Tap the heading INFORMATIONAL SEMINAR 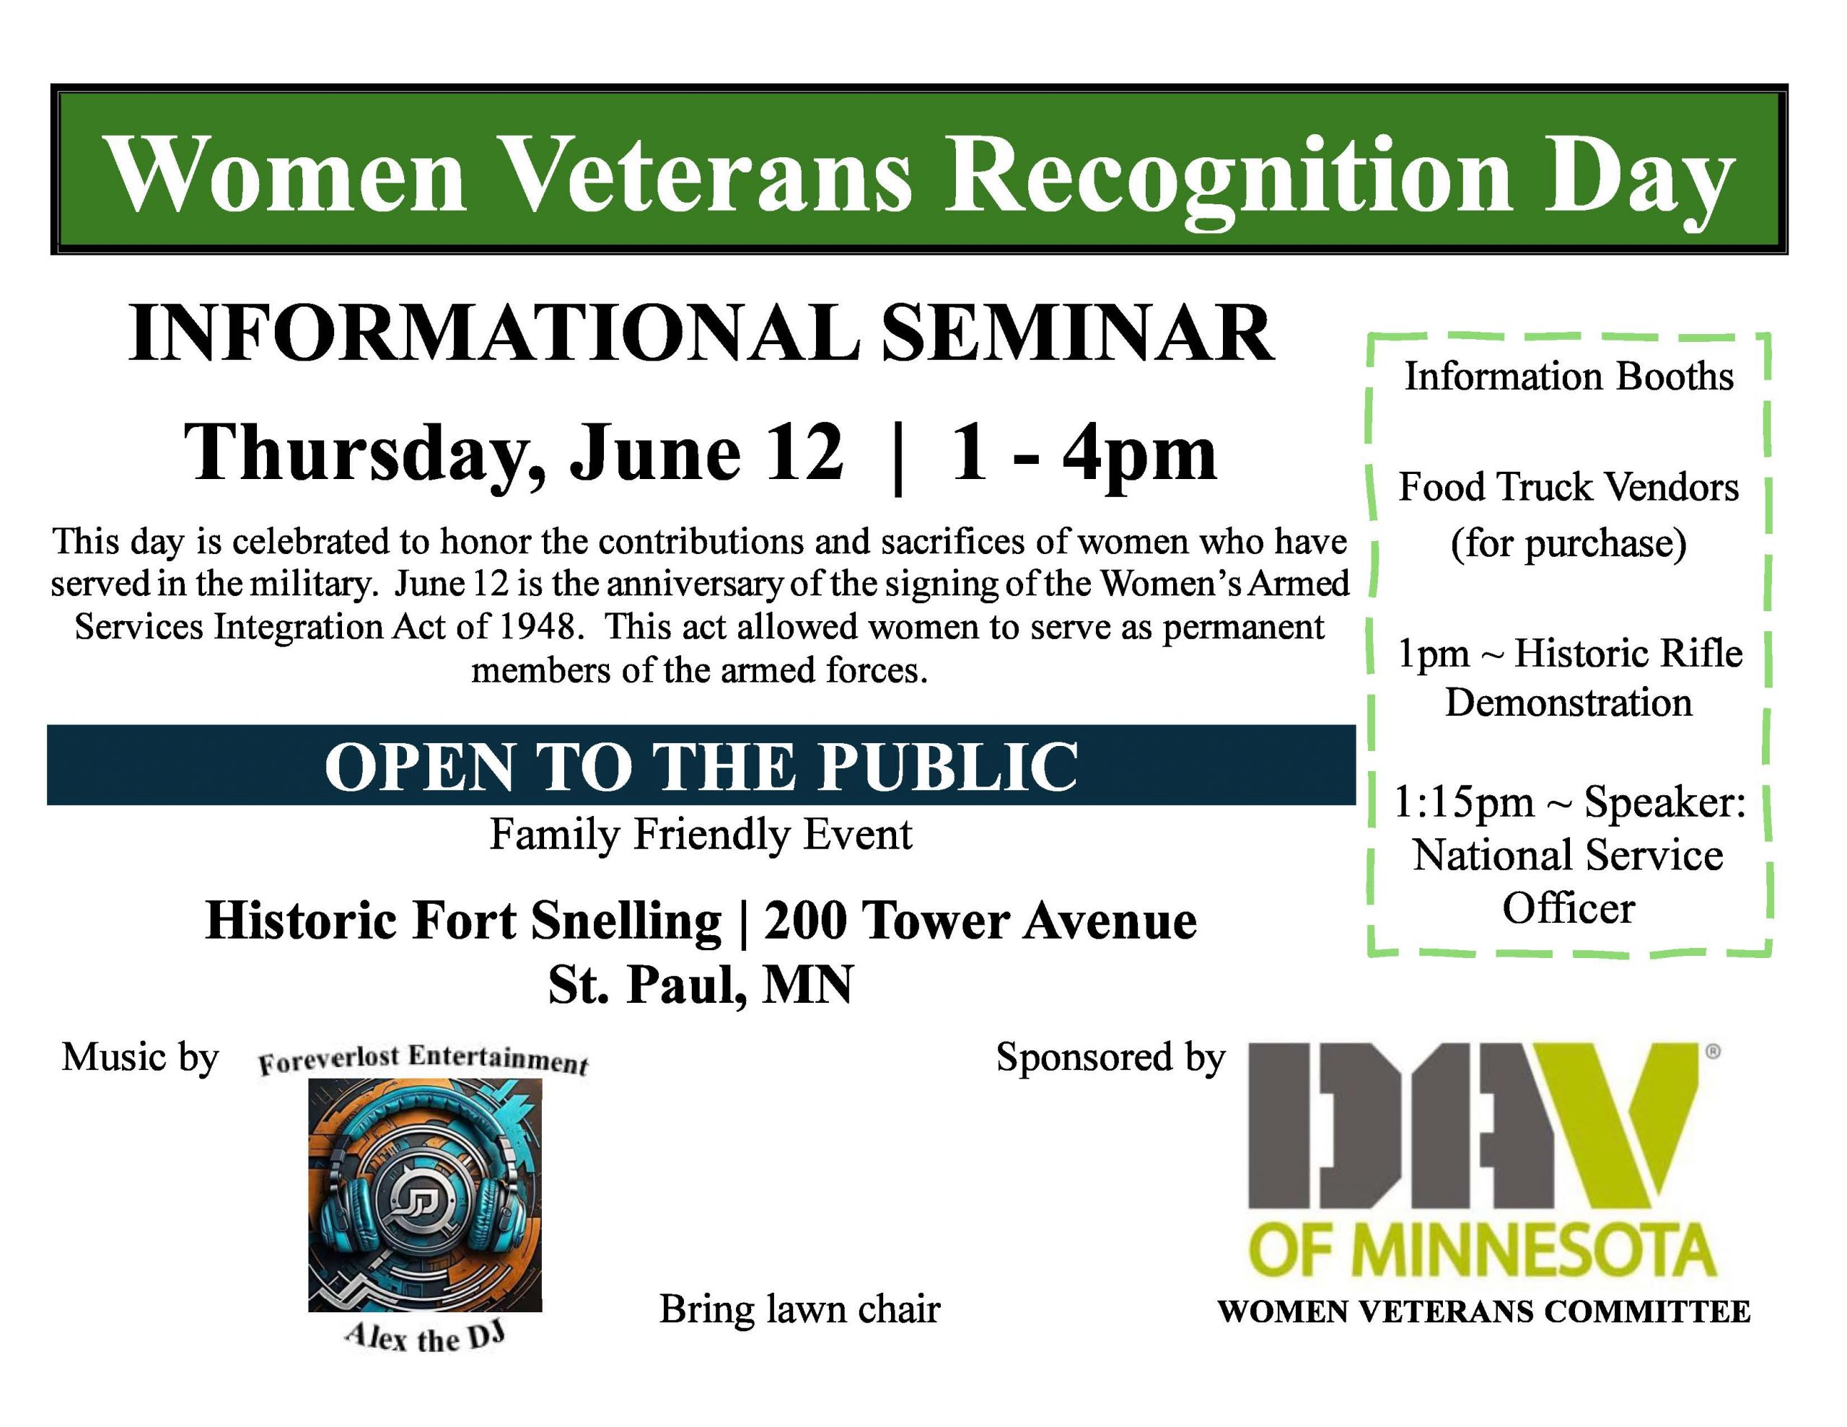click(701, 333)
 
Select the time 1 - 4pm click(1084, 455)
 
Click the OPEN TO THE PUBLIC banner click(701, 765)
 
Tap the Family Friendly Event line click(701, 835)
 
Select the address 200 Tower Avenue click(980, 921)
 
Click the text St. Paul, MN click(701, 985)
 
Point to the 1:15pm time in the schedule click(1463, 803)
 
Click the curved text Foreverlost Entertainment click(423, 1060)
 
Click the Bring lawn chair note click(799, 1309)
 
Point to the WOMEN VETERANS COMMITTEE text click(1483, 1312)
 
